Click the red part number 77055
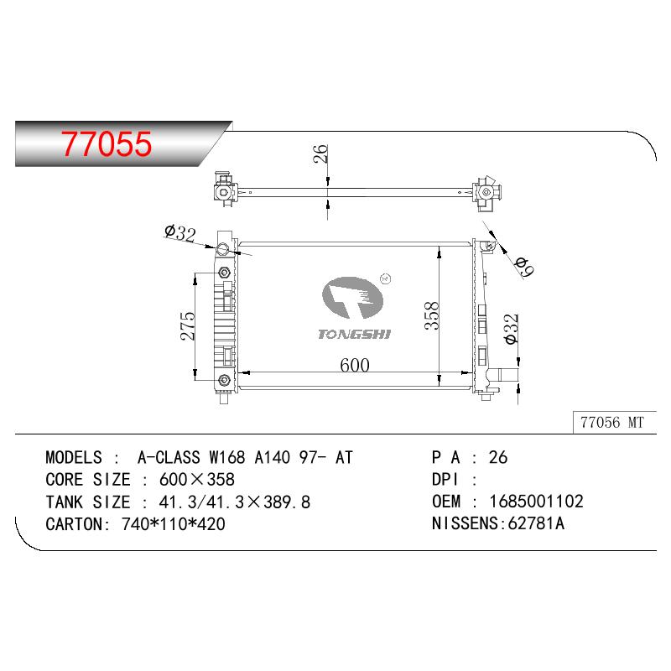tap(107, 143)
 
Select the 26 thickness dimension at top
tap(320, 153)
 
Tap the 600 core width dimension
tap(355, 365)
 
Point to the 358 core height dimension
tap(432, 316)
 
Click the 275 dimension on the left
tap(187, 326)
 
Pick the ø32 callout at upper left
tap(180, 233)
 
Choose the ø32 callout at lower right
tap(512, 329)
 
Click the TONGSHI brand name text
tap(354, 334)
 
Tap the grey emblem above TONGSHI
tap(352, 298)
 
